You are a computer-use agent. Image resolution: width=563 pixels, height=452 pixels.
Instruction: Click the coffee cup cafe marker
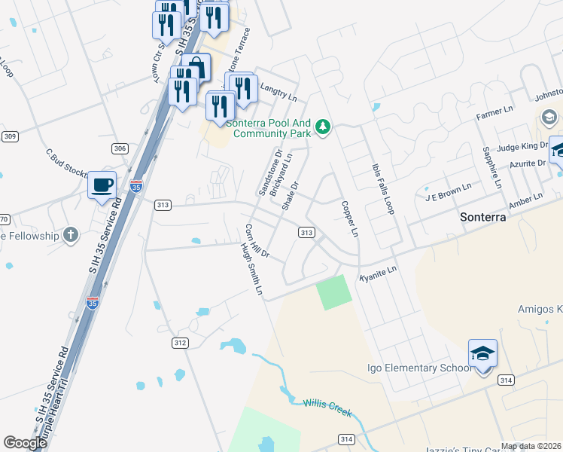(x=102, y=185)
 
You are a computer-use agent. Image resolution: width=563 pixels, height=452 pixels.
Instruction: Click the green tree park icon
(x=323, y=126)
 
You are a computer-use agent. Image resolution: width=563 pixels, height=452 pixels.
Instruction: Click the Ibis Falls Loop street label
(x=382, y=189)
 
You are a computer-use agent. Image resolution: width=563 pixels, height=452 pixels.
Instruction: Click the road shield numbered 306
(x=120, y=148)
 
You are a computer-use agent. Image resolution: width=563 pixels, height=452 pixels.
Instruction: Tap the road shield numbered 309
(x=9, y=136)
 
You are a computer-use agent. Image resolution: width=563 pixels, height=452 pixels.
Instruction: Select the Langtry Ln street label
(x=278, y=93)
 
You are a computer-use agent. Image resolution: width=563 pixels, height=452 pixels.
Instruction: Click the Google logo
(x=25, y=443)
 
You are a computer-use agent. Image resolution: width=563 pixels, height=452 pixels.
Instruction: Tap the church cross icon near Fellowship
(x=71, y=235)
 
